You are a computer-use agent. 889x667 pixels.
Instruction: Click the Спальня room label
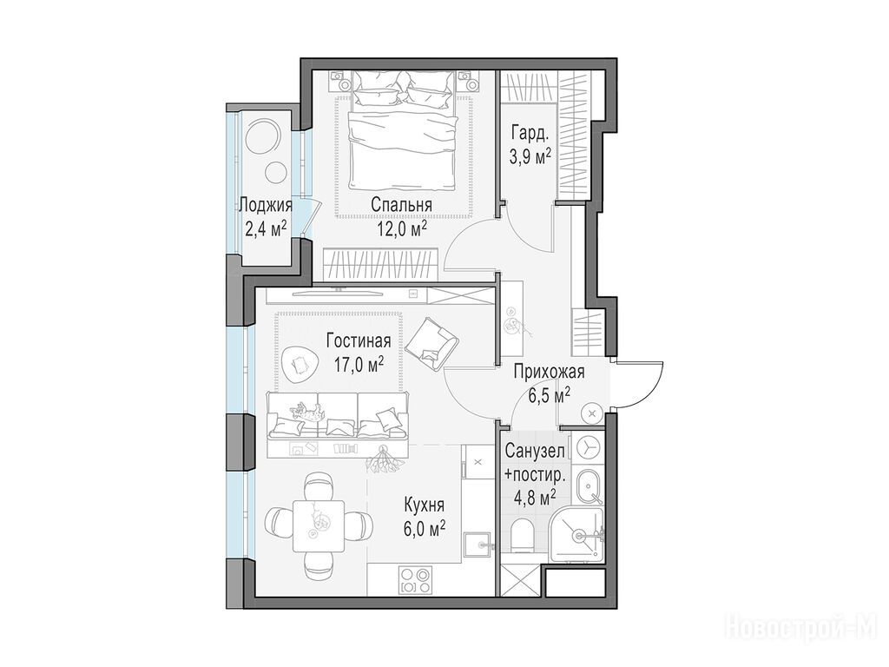(401, 205)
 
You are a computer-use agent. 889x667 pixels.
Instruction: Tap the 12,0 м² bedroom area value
(401, 228)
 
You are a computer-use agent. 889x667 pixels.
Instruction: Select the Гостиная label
(359, 340)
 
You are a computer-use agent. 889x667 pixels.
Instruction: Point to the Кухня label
(424, 505)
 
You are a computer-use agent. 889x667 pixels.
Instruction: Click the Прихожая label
(549, 372)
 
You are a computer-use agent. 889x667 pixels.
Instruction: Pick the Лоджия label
(266, 205)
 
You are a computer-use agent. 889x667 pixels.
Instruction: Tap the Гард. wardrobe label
(530, 135)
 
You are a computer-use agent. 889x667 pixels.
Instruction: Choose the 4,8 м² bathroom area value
(534, 498)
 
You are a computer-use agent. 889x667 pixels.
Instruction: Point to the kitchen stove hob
(416, 580)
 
